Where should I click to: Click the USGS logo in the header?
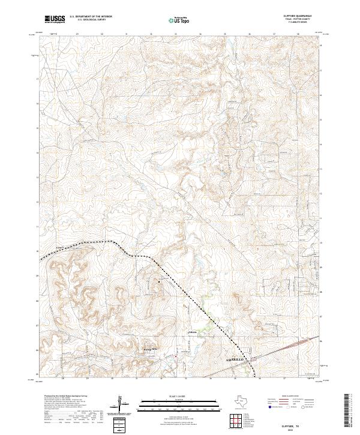[55, 19]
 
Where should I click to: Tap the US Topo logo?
[181, 19]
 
